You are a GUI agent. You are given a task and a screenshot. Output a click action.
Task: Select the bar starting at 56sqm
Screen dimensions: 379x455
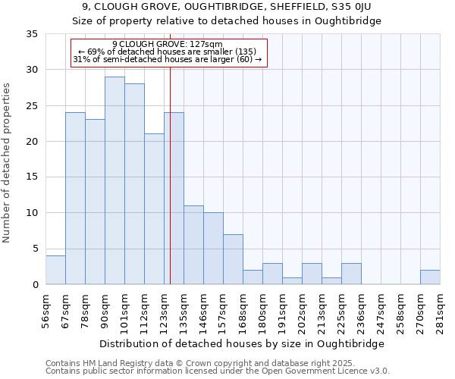[55, 270]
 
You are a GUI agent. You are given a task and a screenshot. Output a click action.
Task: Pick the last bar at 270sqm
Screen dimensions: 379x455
[430, 277]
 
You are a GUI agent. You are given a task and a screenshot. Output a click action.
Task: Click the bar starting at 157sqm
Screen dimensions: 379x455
[233, 259]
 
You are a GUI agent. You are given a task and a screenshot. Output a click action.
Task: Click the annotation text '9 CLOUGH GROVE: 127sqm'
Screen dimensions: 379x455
[168, 44]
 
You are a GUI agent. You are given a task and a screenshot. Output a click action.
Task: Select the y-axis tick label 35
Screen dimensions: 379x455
[32, 34]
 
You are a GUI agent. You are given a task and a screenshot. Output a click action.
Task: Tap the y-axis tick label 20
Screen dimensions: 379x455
[32, 142]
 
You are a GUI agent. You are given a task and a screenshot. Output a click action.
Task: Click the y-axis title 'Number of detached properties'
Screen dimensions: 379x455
[8, 163]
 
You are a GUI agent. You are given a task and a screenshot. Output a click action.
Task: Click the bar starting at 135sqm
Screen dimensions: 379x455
[193, 245]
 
